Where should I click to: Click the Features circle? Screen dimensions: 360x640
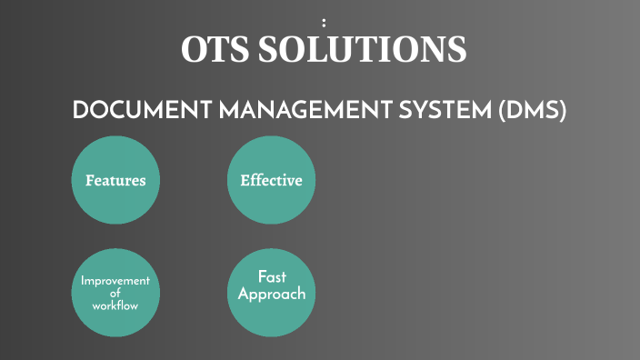point(115,179)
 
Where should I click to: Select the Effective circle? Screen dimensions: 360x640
point(271,179)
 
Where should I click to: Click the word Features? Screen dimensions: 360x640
point(115,180)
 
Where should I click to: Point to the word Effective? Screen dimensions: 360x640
point(271,180)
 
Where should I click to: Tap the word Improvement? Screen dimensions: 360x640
point(115,281)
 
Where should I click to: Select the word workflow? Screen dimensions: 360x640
point(115,305)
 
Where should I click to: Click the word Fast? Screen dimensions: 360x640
point(272,276)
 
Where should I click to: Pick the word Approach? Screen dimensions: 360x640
point(272,295)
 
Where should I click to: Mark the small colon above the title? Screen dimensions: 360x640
point(324,22)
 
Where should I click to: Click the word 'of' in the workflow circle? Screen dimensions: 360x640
point(115,293)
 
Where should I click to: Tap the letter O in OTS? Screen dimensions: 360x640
point(193,49)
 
